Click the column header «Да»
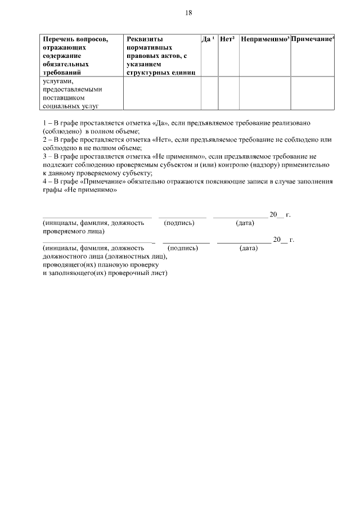click(206, 39)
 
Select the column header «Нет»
click(226, 39)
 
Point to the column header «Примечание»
click(312, 39)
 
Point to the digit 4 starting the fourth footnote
click(45, 182)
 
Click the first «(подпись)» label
click(179, 223)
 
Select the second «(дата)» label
click(249, 248)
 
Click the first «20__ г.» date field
click(280, 215)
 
